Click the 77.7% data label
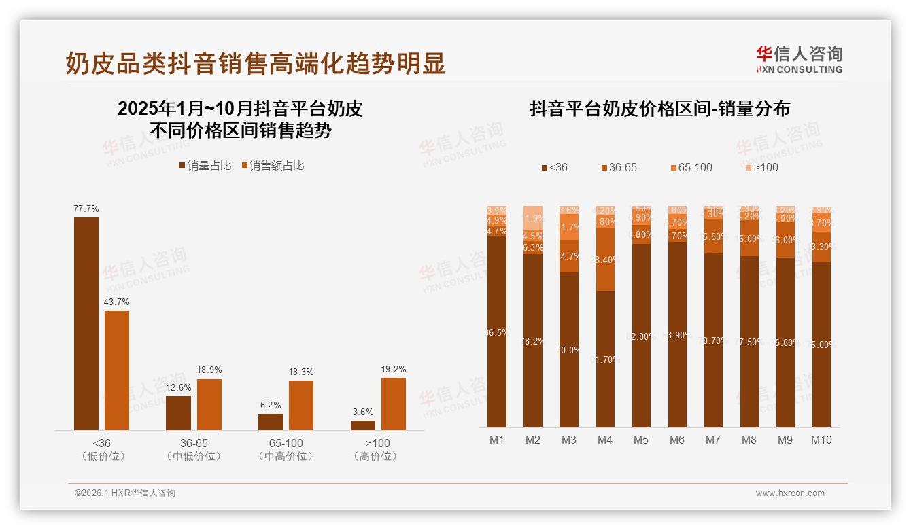(x=86, y=209)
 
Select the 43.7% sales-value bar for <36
(x=117, y=370)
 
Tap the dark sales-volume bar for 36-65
(x=179, y=412)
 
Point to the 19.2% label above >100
(x=394, y=370)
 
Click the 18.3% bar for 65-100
(x=301, y=405)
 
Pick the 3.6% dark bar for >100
(x=363, y=425)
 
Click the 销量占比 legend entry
(x=205, y=166)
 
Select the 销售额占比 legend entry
(x=273, y=166)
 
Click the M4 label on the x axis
(x=605, y=440)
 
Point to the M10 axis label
(x=821, y=440)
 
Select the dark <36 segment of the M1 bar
(x=497, y=331)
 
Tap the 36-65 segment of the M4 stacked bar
(x=605, y=259)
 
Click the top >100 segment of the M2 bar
(x=533, y=217)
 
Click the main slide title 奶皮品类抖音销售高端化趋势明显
(x=256, y=63)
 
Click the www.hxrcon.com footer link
(x=790, y=493)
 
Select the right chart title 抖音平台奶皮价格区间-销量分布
(x=659, y=109)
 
